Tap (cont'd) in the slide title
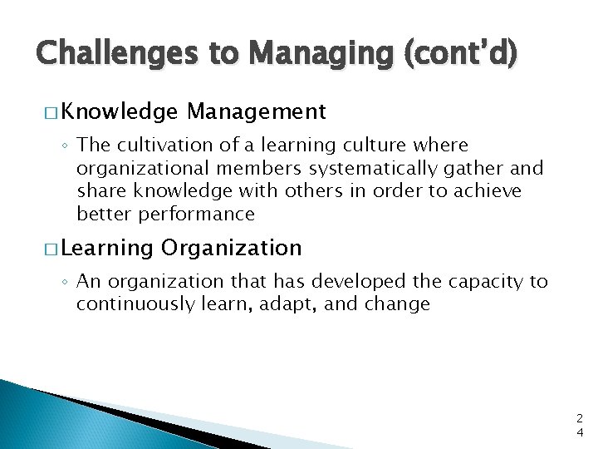click(x=460, y=55)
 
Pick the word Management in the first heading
click(x=257, y=111)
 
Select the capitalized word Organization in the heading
click(x=232, y=248)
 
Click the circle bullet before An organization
click(x=66, y=283)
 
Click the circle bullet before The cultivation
click(x=66, y=146)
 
